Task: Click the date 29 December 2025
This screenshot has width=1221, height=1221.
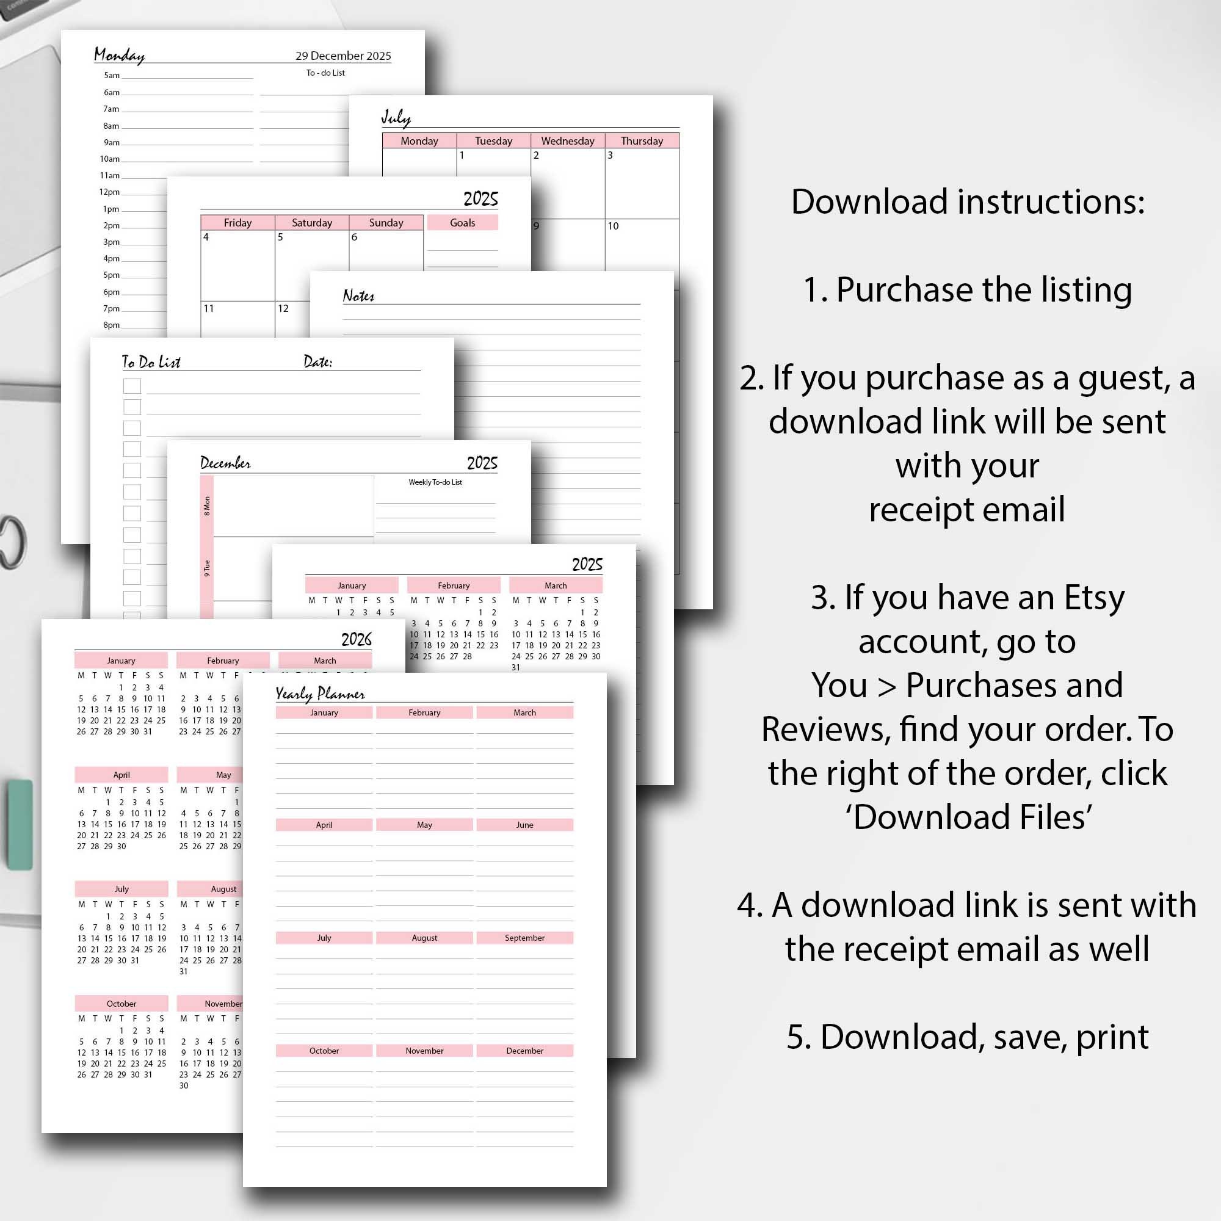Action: coord(343,56)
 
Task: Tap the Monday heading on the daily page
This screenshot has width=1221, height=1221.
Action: coord(120,55)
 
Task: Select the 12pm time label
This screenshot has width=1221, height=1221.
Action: coord(109,192)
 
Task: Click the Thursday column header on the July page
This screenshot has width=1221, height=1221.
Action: coord(642,141)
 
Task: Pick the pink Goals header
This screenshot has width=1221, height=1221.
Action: coord(462,222)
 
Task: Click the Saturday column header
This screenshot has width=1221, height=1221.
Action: coord(311,222)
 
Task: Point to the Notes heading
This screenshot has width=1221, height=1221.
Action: coord(358,295)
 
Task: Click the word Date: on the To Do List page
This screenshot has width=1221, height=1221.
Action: coord(317,362)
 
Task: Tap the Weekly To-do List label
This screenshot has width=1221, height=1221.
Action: coord(435,482)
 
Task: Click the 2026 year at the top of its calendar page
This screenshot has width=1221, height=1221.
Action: coord(356,640)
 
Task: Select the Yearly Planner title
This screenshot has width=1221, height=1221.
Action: coord(320,694)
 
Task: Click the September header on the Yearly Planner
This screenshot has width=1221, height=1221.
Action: coord(524,938)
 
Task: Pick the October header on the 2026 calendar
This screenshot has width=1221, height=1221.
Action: coord(121,1004)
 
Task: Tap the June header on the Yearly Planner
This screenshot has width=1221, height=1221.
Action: coord(524,825)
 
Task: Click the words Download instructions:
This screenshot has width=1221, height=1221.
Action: coord(968,202)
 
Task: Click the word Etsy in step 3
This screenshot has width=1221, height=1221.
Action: coord(1094,597)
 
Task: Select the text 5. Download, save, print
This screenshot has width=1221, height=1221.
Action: coord(968,1037)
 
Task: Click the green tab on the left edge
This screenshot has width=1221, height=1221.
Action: coord(20,825)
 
